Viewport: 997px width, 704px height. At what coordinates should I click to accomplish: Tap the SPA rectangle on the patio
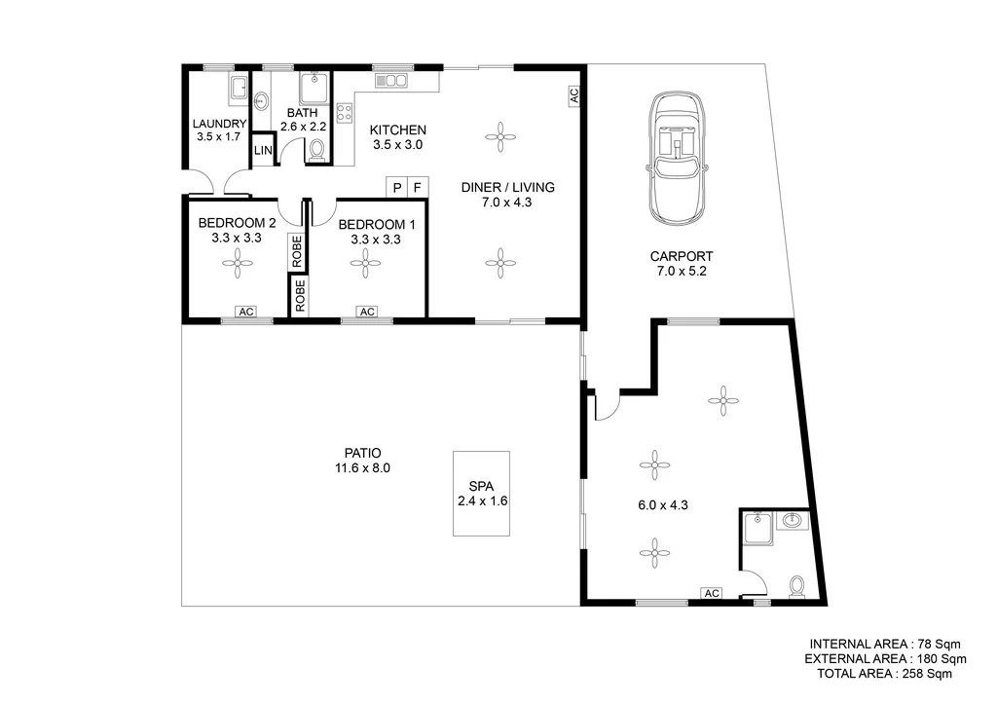pyautogui.click(x=482, y=493)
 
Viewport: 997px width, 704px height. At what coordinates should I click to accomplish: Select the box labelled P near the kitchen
pyautogui.click(x=396, y=186)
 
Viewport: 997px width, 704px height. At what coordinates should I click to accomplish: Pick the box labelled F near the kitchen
pyautogui.click(x=418, y=186)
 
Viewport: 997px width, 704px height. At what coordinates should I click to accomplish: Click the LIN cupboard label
pyautogui.click(x=263, y=151)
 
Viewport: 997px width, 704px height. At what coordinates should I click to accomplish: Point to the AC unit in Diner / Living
pyautogui.click(x=573, y=95)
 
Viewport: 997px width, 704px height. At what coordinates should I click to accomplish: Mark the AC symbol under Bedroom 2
pyautogui.click(x=245, y=312)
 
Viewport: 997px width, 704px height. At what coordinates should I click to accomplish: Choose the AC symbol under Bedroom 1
pyautogui.click(x=366, y=312)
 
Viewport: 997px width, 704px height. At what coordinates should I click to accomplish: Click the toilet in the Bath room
pyautogui.click(x=316, y=150)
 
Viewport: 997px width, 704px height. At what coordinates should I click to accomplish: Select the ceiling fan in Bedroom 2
pyautogui.click(x=236, y=259)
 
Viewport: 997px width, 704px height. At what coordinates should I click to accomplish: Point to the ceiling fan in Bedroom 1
pyautogui.click(x=366, y=259)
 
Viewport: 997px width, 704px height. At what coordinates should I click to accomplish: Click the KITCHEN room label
pyautogui.click(x=398, y=130)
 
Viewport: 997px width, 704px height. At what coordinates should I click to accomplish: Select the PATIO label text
pyautogui.click(x=361, y=453)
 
